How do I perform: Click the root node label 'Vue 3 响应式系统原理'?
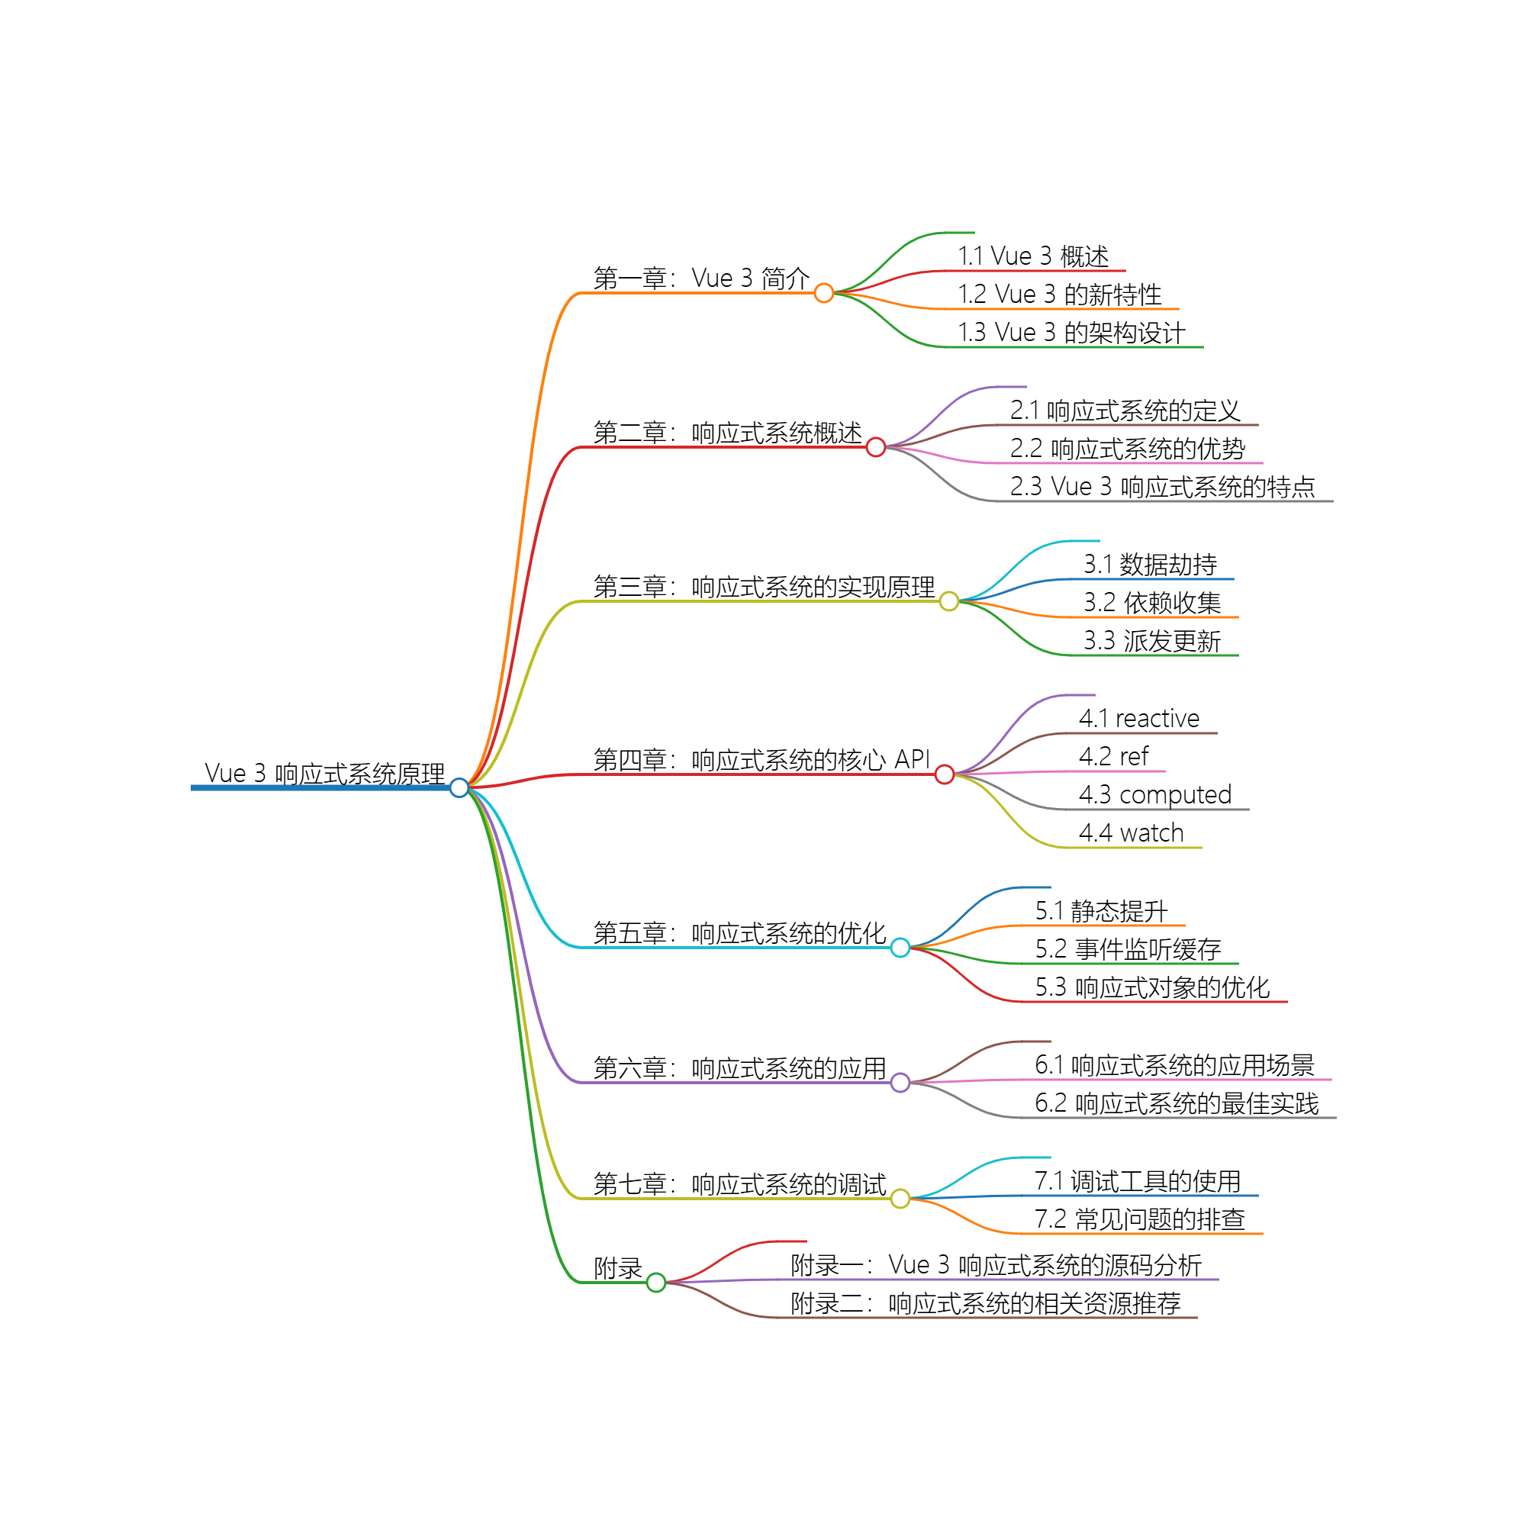324,773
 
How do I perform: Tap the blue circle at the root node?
459,787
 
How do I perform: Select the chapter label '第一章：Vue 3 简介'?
701,278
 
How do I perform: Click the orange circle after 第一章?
824,293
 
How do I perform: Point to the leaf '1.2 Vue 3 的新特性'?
1059,295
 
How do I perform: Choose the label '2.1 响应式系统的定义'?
1125,410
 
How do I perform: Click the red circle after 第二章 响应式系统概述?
875,447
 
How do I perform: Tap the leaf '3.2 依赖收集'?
1151,603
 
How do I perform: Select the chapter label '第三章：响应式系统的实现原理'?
764,587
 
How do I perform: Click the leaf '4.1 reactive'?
1139,718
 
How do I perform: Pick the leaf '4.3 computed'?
1154,794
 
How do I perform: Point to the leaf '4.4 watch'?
1131,832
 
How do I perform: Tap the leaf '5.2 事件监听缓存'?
1128,948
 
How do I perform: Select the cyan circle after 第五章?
900,948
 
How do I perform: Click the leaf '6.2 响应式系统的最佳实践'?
1177,1103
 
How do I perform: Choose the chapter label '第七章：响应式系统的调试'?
739,1184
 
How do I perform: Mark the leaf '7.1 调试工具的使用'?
1138,1181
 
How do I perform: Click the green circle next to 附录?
655,1283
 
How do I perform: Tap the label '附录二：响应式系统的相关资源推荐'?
986,1303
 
